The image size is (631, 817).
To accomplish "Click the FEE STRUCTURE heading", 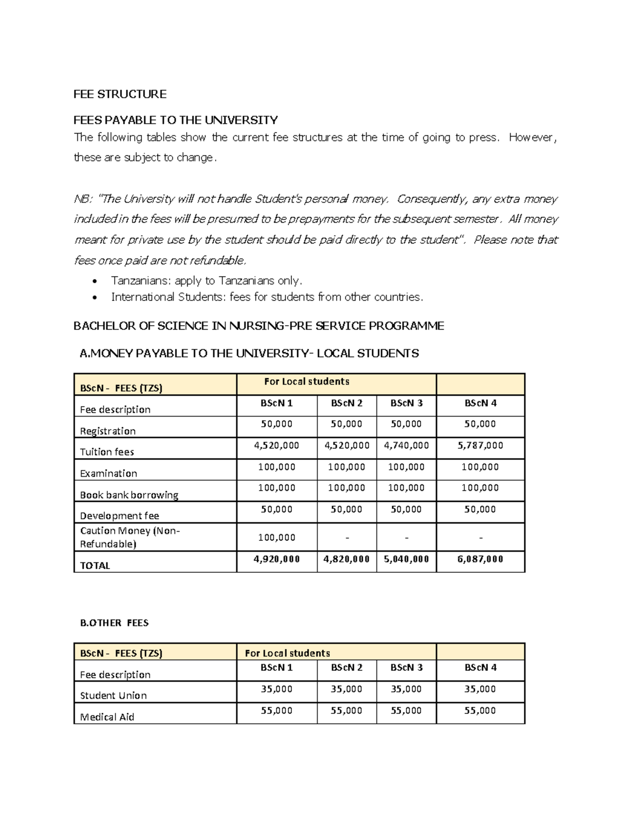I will pyautogui.click(x=120, y=94).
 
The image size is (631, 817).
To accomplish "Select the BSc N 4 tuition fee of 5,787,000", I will pyautogui.click(x=480, y=446).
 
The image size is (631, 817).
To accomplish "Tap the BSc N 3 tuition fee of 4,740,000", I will pyautogui.click(x=406, y=446).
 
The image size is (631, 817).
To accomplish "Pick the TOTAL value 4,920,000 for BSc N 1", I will pyautogui.click(x=277, y=559).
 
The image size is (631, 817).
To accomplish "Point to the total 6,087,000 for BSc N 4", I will pyautogui.click(x=480, y=559).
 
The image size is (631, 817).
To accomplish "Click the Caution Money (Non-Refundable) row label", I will pyautogui.click(x=130, y=537).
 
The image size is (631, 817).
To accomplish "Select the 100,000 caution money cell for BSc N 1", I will pyautogui.click(x=277, y=538).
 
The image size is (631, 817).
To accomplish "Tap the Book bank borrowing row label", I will pyautogui.click(x=129, y=495).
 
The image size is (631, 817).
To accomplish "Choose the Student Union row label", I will pyautogui.click(x=113, y=695).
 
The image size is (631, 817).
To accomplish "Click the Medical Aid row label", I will pyautogui.click(x=107, y=717).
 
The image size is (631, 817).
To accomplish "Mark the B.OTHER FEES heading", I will pyautogui.click(x=114, y=623).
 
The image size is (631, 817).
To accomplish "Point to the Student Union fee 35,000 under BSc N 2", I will pyautogui.click(x=346, y=689).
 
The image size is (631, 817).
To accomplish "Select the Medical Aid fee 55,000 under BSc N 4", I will pyautogui.click(x=480, y=711).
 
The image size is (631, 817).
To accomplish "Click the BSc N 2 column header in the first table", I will pyautogui.click(x=347, y=404).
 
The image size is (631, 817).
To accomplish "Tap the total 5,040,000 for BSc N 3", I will pyautogui.click(x=406, y=559).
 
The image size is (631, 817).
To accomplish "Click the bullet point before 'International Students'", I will pyautogui.click(x=94, y=298).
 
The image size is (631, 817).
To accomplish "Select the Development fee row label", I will pyautogui.click(x=119, y=516).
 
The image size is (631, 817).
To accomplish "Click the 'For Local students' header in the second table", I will pyautogui.click(x=287, y=653).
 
